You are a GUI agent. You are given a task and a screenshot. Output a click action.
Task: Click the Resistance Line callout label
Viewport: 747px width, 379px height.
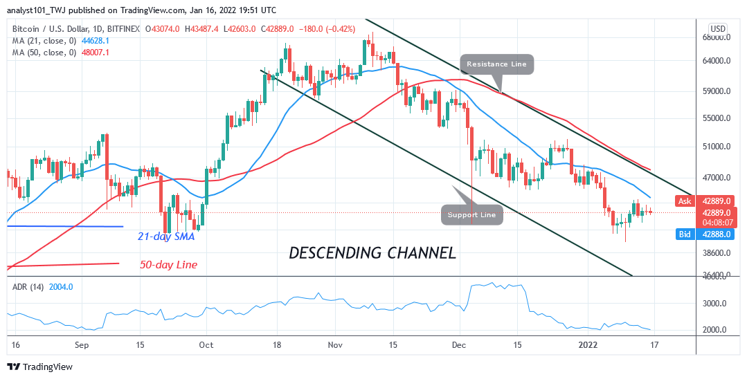click(496, 64)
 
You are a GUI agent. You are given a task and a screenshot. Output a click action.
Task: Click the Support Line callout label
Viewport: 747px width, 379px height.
click(471, 214)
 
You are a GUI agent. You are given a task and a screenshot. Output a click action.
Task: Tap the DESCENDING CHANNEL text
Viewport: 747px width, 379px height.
click(372, 253)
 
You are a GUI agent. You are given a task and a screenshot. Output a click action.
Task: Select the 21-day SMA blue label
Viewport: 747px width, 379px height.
click(166, 236)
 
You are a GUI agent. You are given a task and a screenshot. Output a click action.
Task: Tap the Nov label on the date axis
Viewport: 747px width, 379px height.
click(335, 344)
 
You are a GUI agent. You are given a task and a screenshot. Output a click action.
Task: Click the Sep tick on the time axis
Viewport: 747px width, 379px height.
click(82, 344)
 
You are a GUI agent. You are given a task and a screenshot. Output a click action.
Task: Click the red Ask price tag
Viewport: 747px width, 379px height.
click(685, 201)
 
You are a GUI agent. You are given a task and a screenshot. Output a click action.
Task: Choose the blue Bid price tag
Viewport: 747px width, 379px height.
click(685, 234)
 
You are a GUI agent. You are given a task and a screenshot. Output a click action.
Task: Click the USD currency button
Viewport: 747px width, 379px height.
click(718, 28)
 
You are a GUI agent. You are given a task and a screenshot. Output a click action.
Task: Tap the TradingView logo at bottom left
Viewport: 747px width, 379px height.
click(39, 367)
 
